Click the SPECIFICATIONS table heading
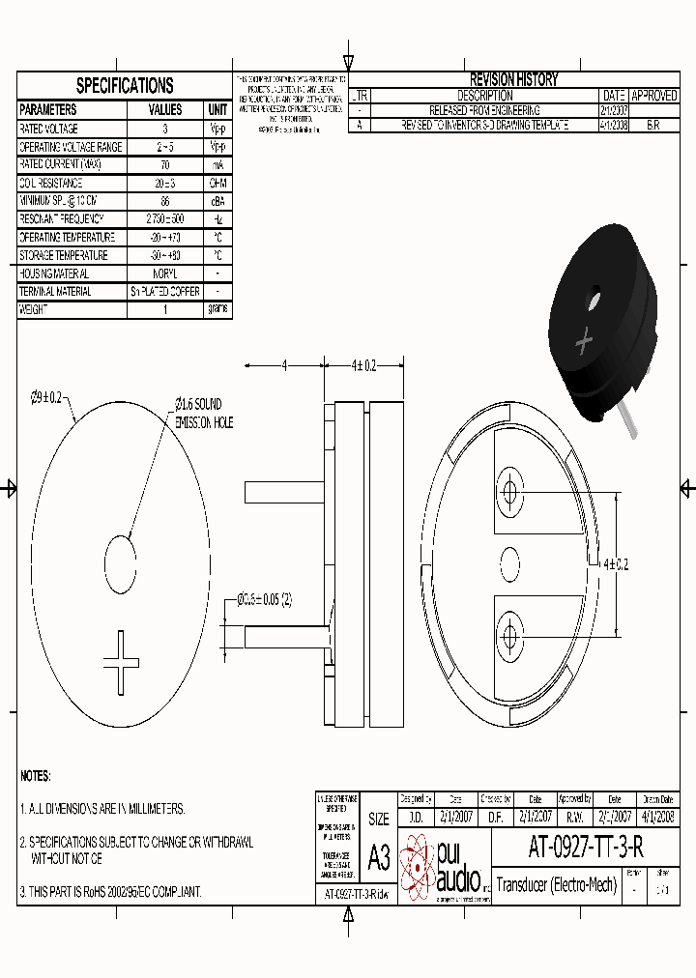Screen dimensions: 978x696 125,86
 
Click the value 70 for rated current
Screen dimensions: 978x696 165,165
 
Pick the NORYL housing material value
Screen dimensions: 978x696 165,273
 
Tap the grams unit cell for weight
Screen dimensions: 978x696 218,309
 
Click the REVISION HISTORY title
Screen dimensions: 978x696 513,80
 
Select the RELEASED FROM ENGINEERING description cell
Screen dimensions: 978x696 484,111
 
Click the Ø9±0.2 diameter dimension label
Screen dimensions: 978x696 46,397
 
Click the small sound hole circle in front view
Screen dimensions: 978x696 122,559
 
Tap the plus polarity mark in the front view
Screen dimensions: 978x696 123,662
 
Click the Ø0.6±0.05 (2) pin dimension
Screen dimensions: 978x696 264,599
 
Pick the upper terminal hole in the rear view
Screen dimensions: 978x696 509,485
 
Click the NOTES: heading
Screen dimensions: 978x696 36,775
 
